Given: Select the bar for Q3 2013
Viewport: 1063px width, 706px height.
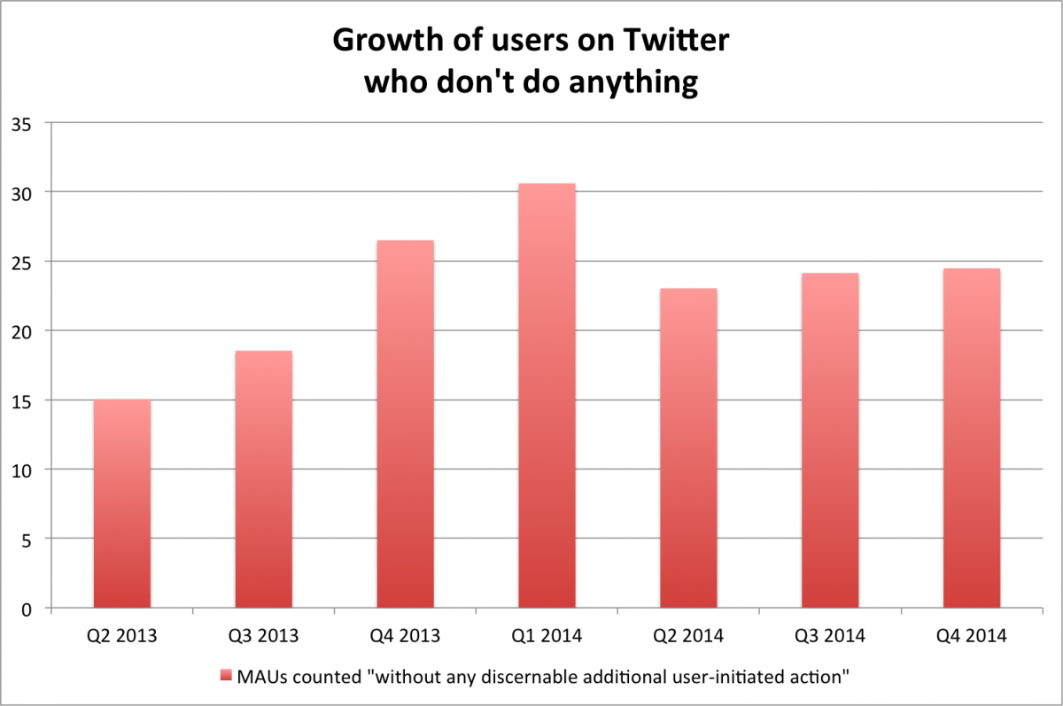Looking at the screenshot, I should tap(263, 479).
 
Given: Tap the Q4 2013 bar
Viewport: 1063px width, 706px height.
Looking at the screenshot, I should tap(405, 424).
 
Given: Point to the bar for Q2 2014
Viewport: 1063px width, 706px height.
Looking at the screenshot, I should tap(688, 448).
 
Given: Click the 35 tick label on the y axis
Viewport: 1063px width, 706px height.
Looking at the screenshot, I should tap(22, 123).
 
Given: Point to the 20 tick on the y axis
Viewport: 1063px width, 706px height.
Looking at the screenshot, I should tap(22, 331).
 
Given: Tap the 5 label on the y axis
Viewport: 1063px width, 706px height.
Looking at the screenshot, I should tap(27, 539).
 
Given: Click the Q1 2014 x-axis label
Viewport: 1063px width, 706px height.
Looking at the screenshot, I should tap(547, 636).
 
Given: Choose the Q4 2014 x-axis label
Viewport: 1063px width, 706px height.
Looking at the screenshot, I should tap(972, 636).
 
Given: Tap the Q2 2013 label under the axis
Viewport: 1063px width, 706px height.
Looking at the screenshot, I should tap(121, 636).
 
